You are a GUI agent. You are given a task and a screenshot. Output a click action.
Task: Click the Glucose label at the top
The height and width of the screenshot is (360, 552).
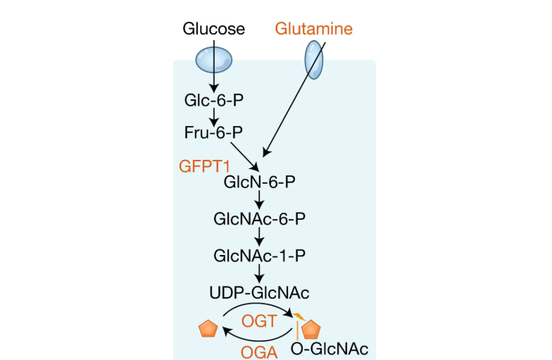pos(213,29)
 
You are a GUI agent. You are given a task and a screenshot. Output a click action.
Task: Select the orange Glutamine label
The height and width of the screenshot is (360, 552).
pos(313,29)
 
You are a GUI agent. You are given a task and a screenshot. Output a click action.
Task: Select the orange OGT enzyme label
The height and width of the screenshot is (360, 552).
pos(258,321)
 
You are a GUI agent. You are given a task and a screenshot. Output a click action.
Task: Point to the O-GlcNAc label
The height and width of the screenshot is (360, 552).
pos(330,349)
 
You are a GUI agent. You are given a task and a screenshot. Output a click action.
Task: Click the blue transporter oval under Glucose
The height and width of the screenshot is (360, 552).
pos(213,59)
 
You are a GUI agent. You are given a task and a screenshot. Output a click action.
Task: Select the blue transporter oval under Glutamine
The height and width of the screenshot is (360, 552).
pos(314,59)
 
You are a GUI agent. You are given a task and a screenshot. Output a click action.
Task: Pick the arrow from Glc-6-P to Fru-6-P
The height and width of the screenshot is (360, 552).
pos(214,116)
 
